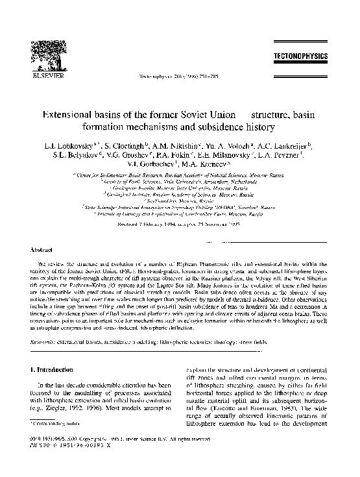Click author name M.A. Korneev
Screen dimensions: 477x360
[200, 173]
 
